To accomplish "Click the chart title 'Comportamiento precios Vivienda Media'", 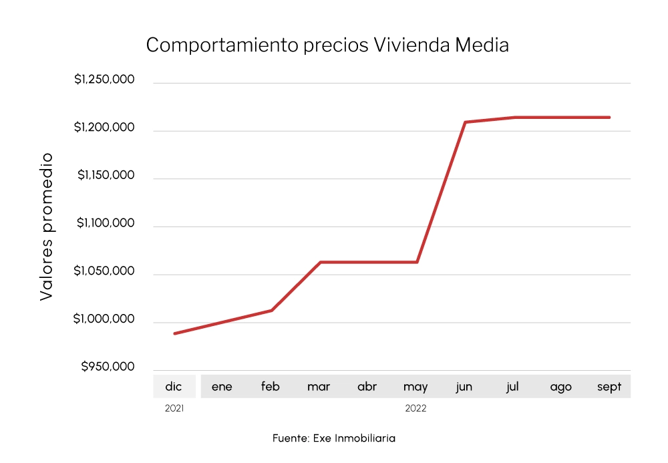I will tap(327, 45).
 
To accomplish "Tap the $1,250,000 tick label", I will tap(104, 80).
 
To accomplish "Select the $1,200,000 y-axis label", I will tap(104, 128).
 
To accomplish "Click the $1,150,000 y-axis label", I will tap(106, 175).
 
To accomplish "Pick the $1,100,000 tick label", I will tap(106, 223).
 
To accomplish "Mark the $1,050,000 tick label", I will tap(104, 271).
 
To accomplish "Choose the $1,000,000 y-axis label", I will tap(104, 319).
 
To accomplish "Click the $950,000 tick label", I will tap(108, 367).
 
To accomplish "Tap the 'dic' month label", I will tap(174, 387).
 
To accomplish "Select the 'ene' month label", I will tap(222, 387).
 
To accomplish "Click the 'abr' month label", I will tap(367, 387).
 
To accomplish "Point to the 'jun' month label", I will tap(464, 387).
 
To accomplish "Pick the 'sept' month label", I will tap(609, 387).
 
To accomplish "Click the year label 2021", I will tap(174, 408).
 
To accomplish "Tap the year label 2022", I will tap(415, 408).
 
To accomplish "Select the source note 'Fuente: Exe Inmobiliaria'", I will tap(334, 438).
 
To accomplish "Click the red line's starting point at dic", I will tap(174, 333).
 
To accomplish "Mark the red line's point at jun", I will tap(465, 122).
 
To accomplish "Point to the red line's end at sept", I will tap(609, 118).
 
